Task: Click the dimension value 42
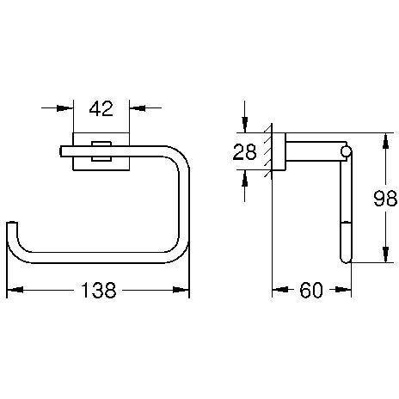(101, 109)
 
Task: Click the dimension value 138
(99, 290)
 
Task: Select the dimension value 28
(244, 152)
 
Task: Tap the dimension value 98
(385, 199)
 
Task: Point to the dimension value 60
(311, 290)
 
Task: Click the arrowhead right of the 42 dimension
(138, 108)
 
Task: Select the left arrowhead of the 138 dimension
(15, 290)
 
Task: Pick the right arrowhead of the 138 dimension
(181, 290)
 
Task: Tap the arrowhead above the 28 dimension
(244, 125)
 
